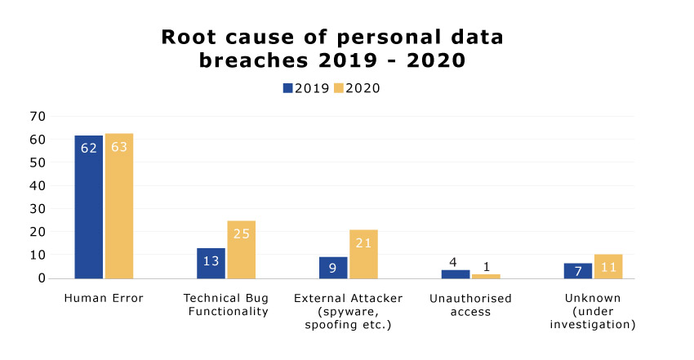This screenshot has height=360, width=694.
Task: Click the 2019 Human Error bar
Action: (x=88, y=207)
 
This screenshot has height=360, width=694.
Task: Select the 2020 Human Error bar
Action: (x=119, y=206)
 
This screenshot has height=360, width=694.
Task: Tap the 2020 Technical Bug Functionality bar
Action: (x=241, y=250)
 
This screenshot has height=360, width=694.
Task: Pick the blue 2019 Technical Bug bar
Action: (x=211, y=263)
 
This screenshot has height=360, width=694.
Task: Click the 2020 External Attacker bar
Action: (x=363, y=255)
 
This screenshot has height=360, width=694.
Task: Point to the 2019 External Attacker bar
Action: (x=333, y=268)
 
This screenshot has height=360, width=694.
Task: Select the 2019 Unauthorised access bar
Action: (x=456, y=274)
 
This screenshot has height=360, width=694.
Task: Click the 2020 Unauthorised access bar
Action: (x=486, y=277)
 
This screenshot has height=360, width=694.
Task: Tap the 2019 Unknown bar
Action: (x=577, y=271)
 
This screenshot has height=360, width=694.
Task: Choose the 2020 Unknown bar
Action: (x=608, y=266)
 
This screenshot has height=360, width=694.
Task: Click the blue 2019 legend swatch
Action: (x=287, y=88)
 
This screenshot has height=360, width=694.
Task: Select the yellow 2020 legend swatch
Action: (x=339, y=88)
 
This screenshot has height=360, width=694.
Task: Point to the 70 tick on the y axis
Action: (x=38, y=116)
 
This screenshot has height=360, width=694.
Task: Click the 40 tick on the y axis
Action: (x=38, y=186)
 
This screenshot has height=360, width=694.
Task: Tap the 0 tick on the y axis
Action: (x=42, y=278)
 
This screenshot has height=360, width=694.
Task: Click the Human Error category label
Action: (x=104, y=298)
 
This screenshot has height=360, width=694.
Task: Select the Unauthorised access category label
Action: (x=470, y=305)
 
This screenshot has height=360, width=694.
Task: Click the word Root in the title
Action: (x=189, y=38)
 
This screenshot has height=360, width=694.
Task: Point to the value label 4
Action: (x=453, y=263)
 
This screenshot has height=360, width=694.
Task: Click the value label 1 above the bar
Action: (x=487, y=267)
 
